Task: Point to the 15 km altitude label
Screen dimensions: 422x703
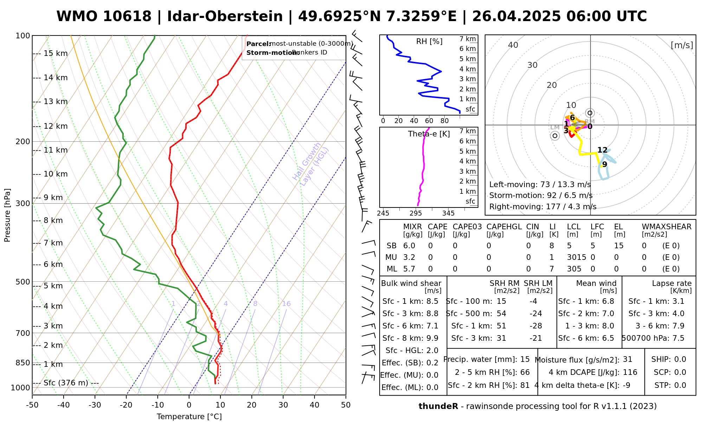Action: click(56, 53)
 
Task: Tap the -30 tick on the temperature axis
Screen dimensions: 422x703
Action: click(95, 405)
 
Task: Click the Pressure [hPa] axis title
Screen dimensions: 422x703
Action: click(7, 215)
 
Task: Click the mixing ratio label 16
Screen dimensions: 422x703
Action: click(286, 304)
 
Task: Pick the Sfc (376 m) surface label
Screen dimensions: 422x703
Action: click(66, 383)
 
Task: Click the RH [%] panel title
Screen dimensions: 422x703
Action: click(429, 41)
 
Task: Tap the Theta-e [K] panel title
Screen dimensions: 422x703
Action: click(429, 134)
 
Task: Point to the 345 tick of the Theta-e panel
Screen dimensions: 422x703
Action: click(448, 213)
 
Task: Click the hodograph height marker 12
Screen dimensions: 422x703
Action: click(602, 150)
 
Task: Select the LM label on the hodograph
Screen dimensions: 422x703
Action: click(555, 127)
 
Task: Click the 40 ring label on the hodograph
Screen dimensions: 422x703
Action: click(513, 45)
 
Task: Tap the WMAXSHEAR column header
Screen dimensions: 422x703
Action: click(666, 227)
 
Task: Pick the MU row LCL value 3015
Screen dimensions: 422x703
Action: click(576, 257)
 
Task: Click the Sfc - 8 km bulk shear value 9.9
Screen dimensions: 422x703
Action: click(432, 338)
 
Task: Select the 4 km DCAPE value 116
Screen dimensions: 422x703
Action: click(630, 372)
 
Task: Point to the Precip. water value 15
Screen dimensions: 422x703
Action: click(525, 359)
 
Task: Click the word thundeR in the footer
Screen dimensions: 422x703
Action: click(438, 407)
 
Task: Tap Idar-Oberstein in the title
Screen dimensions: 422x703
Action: click(225, 17)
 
